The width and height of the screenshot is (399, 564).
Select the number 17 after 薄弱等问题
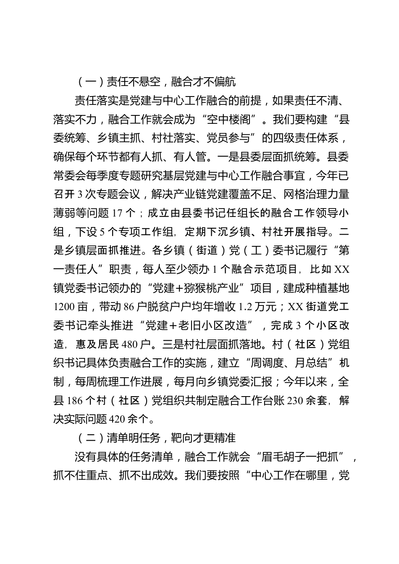(117, 213)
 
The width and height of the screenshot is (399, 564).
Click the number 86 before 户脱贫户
(129, 307)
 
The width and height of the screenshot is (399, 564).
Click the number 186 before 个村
(76, 400)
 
